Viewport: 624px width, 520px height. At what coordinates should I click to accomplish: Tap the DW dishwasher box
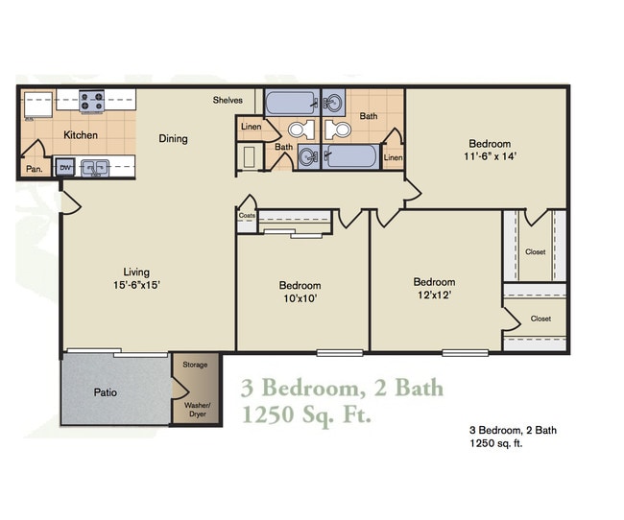[65, 167]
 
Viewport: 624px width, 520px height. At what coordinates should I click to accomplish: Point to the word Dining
[173, 139]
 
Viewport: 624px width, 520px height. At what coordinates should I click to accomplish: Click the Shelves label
[228, 99]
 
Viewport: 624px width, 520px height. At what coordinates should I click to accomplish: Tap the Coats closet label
[246, 216]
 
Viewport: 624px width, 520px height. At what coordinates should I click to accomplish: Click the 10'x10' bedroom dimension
[300, 298]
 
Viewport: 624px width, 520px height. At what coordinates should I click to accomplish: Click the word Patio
[106, 392]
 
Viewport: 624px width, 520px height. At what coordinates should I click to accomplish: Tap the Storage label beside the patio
[196, 365]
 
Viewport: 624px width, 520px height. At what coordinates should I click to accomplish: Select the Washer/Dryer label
[196, 411]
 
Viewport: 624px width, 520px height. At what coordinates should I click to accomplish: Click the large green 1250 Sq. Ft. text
[305, 416]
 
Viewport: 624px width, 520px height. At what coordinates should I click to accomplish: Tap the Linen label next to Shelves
[251, 127]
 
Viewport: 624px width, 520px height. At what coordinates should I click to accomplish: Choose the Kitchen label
[81, 135]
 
